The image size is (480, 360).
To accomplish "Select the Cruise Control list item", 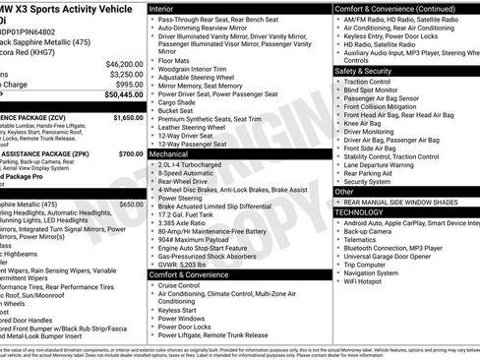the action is click(x=185, y=286).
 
